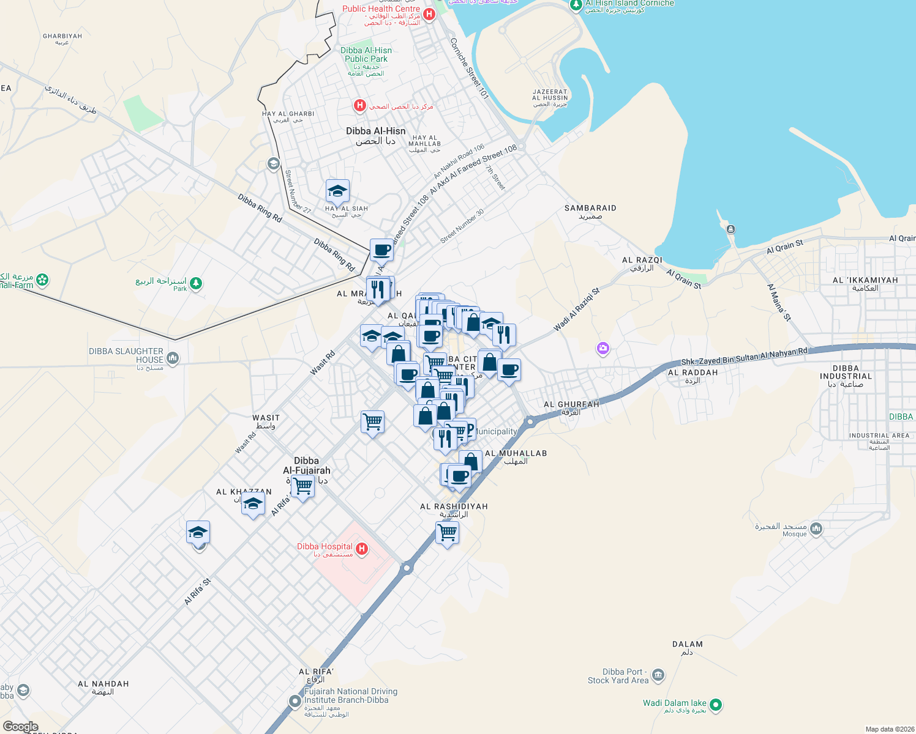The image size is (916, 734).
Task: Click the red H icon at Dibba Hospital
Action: click(x=362, y=549)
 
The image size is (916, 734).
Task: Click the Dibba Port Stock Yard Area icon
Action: click(x=658, y=675)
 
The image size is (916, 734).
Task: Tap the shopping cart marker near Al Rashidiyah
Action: click(x=448, y=533)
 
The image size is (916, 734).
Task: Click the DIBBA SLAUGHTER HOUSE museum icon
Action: click(x=173, y=358)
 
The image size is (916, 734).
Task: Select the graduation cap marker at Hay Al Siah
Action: click(x=337, y=192)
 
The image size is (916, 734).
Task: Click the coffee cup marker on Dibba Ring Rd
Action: click(x=381, y=250)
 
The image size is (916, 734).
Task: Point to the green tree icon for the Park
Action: click(x=196, y=283)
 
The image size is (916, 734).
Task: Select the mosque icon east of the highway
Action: click(x=816, y=529)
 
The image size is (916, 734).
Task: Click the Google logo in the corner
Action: click(x=20, y=726)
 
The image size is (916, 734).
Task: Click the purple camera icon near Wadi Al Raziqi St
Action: click(x=603, y=348)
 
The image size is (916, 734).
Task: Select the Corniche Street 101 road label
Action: click(x=469, y=69)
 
